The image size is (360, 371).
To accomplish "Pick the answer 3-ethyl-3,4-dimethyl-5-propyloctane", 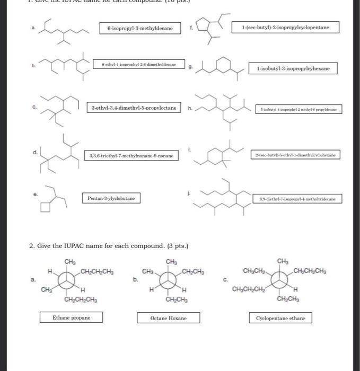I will tap(133, 108).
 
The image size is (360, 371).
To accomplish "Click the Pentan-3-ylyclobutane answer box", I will tap(111, 198).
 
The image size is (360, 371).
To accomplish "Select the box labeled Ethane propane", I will tap(71, 317).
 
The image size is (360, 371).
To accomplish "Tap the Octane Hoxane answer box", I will tap(169, 318).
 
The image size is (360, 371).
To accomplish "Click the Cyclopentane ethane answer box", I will tap(280, 318).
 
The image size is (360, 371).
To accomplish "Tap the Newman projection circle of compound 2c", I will tap(280, 280).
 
